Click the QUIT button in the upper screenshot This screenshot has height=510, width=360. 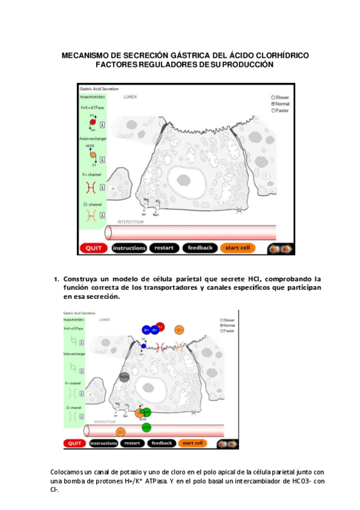[x=93, y=248]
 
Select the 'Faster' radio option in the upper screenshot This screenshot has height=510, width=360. [x=273, y=111]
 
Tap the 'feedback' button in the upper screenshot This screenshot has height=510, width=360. [x=200, y=248]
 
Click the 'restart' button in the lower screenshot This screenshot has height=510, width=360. [x=132, y=443]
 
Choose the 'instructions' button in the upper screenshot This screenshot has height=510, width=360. [x=129, y=248]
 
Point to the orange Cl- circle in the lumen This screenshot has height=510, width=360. [x=179, y=329]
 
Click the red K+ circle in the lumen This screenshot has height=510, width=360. [x=161, y=327]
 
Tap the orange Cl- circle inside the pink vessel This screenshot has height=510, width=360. [x=121, y=432]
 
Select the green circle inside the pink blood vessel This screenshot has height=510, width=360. [x=147, y=427]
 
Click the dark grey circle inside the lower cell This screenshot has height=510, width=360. [x=124, y=377]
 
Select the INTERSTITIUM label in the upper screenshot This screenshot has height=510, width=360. [x=130, y=222]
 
